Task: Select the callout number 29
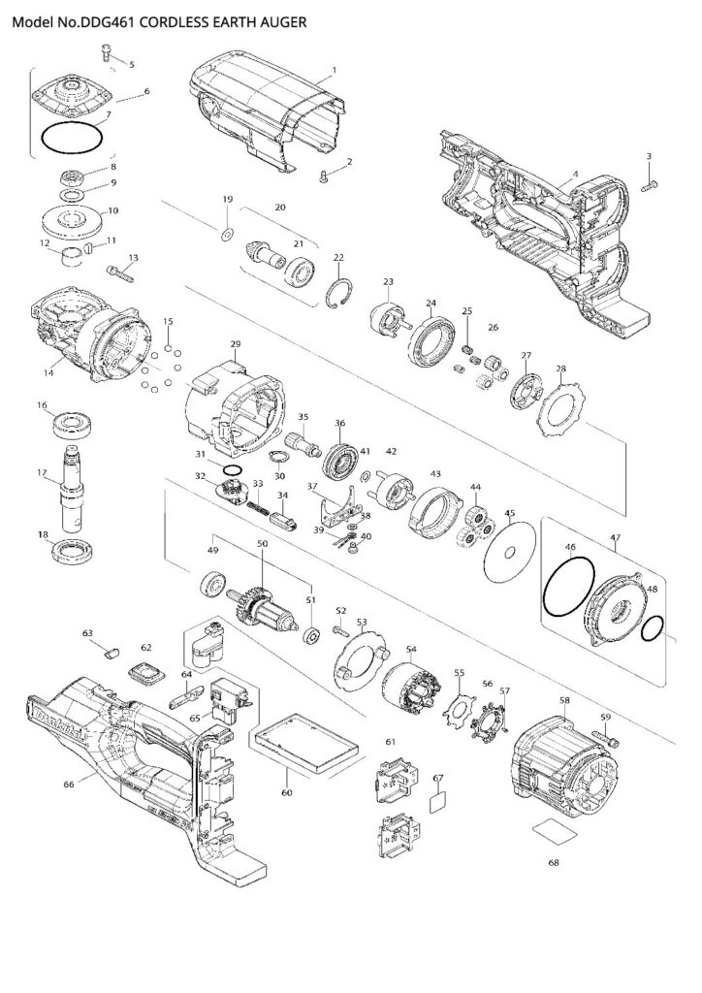[235, 344]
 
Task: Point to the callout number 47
[616, 536]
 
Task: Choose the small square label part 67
[438, 802]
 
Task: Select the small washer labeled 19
[227, 233]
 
